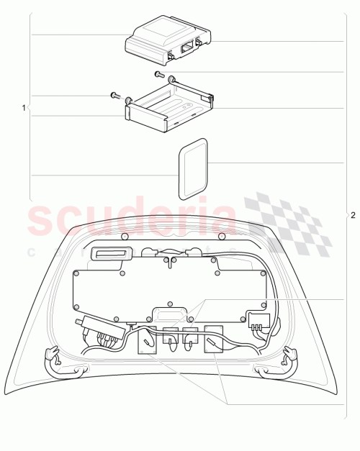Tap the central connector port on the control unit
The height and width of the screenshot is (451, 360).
186,45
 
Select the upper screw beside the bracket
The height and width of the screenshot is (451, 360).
160,74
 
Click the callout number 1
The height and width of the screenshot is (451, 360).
24,108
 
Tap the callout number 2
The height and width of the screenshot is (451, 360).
353,215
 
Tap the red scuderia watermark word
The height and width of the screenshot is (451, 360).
130,219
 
